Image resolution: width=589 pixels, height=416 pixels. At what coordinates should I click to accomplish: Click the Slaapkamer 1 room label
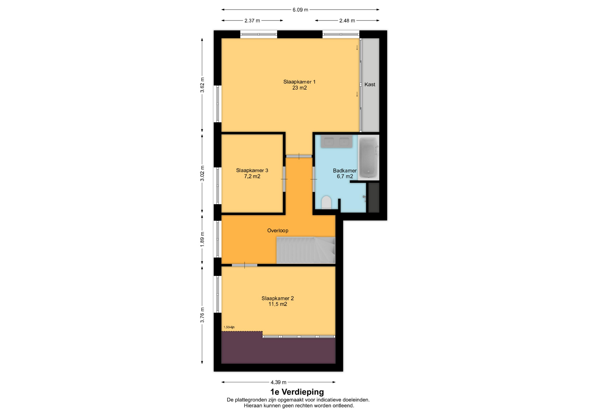pos(299,82)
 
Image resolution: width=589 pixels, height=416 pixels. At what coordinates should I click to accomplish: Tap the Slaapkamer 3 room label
pos(252,170)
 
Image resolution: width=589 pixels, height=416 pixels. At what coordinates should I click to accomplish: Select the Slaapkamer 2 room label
pos(278,298)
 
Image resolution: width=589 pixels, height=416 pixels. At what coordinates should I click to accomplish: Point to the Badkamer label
pos(345,171)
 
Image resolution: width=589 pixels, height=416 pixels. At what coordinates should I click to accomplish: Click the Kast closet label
pos(370,85)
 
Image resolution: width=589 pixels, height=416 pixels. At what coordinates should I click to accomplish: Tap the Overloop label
pos(278,231)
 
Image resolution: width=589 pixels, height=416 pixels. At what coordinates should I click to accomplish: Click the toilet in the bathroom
pos(326,202)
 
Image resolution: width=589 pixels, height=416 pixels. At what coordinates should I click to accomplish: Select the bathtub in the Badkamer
pos(368,157)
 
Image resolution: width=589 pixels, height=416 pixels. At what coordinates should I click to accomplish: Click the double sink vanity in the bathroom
pos(337,142)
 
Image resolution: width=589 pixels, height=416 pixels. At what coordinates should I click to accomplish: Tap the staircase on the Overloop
pos(306,250)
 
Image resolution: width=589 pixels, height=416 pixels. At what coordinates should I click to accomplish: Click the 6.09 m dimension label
pos(300,10)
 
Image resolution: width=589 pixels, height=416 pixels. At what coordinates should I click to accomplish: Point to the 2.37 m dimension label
pos(252,21)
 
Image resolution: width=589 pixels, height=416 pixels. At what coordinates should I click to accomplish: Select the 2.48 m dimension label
pos(347,21)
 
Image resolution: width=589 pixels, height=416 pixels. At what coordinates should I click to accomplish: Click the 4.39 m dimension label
pos(279,382)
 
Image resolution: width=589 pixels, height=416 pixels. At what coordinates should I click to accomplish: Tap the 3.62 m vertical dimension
pos(202,85)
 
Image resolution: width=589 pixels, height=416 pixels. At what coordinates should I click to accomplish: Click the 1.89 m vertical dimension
pos(202,239)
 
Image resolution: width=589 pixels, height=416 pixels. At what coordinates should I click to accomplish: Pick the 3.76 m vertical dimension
pos(202,315)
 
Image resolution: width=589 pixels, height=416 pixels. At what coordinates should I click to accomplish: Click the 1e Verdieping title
pos(297,392)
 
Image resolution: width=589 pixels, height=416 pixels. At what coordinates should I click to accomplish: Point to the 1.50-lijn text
pos(229,327)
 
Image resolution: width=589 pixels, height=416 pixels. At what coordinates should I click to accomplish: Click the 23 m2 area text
pos(299,88)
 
